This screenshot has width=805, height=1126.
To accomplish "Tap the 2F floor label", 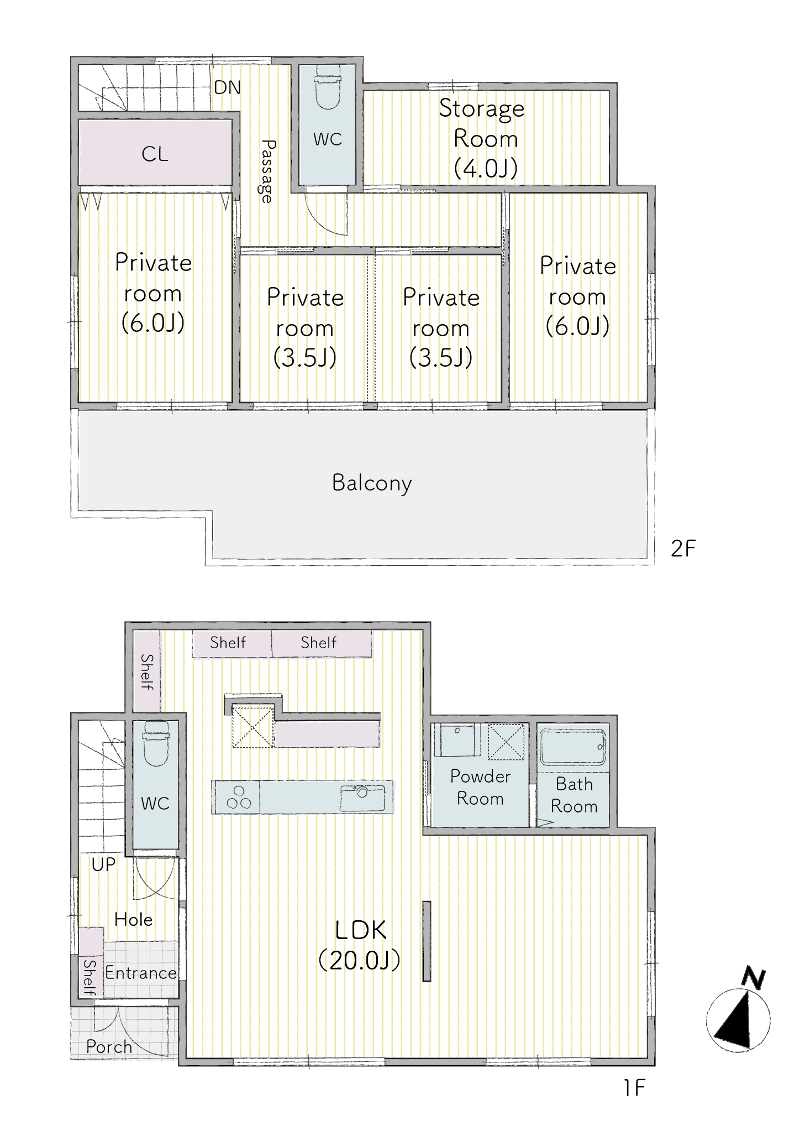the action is coord(683,549).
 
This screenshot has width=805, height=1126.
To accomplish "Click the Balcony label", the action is coord(372,483).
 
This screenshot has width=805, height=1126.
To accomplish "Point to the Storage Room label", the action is coord(482,138).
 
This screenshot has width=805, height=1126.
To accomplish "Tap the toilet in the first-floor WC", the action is coord(155,743).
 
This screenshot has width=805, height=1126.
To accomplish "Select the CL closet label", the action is coord(155,154).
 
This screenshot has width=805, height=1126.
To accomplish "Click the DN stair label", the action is coord(227,87).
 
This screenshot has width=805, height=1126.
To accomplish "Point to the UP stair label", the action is coord(103,864).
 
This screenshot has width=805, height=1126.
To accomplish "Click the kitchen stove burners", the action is coord(239,797).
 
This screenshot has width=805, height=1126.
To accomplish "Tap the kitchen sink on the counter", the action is coord(362,797).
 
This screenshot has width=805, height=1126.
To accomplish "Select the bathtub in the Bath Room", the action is coord(573,747).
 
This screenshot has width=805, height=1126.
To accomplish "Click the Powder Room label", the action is coord(480,788).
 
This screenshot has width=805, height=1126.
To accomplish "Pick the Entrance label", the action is coord(141,972).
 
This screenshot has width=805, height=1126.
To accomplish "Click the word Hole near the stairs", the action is coord(133,919).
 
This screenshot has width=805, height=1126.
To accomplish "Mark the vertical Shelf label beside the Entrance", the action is coord(90,977).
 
